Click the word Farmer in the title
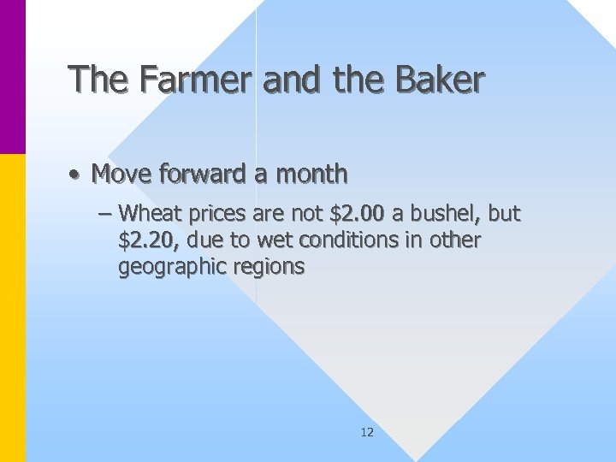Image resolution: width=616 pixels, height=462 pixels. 194,80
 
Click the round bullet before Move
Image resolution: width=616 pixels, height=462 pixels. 76,175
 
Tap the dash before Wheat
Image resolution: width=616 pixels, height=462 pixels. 106,213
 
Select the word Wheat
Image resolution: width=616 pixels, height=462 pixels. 148,213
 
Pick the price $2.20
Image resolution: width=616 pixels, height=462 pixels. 149,240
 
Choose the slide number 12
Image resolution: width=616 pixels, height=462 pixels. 367,432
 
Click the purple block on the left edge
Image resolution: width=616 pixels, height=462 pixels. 12,77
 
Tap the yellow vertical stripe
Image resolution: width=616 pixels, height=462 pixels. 12,308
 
